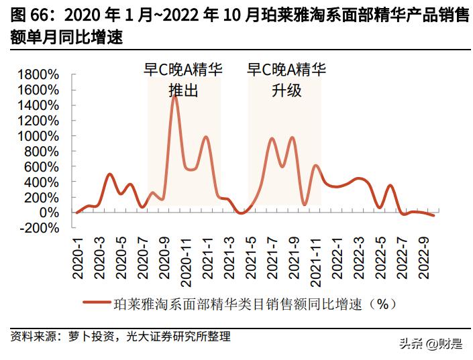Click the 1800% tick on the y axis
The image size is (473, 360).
[41, 74]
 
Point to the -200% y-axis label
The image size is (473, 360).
[42, 228]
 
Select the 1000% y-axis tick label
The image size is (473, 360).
[41, 135]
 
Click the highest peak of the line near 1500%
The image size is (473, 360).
[175, 95]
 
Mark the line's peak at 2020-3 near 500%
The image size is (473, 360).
[110, 174]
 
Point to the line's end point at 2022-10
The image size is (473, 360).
[434, 215]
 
